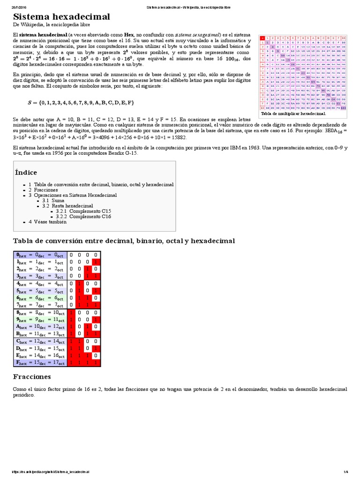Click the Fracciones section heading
tap(32, 376)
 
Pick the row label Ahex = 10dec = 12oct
tap(41, 326)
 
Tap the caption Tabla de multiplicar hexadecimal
tap(293, 113)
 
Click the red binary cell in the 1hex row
tap(96, 262)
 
